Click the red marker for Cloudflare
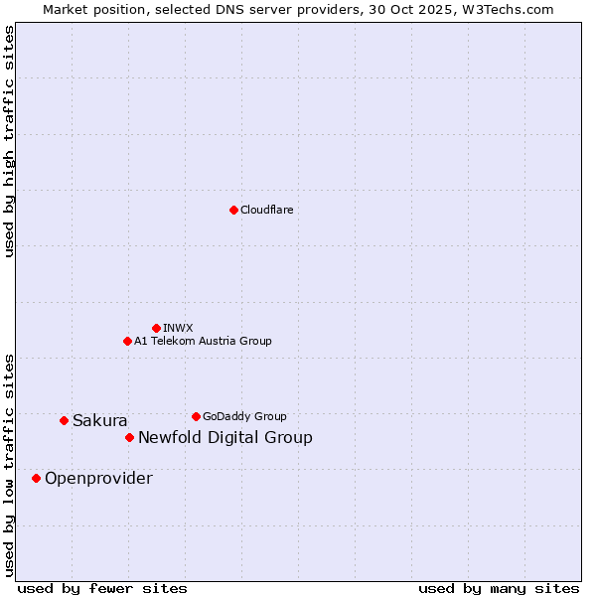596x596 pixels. pyautogui.click(x=233, y=210)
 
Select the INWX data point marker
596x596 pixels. pyautogui.click(x=156, y=328)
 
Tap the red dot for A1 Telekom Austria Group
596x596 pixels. pyautogui.click(x=127, y=341)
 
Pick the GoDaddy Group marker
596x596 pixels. pyautogui.click(x=196, y=416)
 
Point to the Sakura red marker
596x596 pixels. pyautogui.click(x=64, y=420)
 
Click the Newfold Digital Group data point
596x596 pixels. pyautogui.click(x=129, y=437)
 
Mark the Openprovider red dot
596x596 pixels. pyautogui.click(x=36, y=478)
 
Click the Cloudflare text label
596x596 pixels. pyautogui.click(x=267, y=210)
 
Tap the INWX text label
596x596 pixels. pyautogui.click(x=178, y=328)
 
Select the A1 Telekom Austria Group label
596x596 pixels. pyautogui.click(x=203, y=341)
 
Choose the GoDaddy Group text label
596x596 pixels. pyautogui.click(x=244, y=416)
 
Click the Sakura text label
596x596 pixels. pyautogui.click(x=100, y=421)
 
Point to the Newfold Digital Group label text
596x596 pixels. pyautogui.click(x=225, y=438)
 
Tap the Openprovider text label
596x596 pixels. pyautogui.click(x=98, y=479)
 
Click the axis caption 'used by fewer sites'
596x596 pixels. pyautogui.click(x=102, y=588)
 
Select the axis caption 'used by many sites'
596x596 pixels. pyautogui.click(x=499, y=588)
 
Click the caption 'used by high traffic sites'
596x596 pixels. pyautogui.click(x=10, y=141)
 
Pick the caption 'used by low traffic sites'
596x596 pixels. pyautogui.click(x=10, y=464)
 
